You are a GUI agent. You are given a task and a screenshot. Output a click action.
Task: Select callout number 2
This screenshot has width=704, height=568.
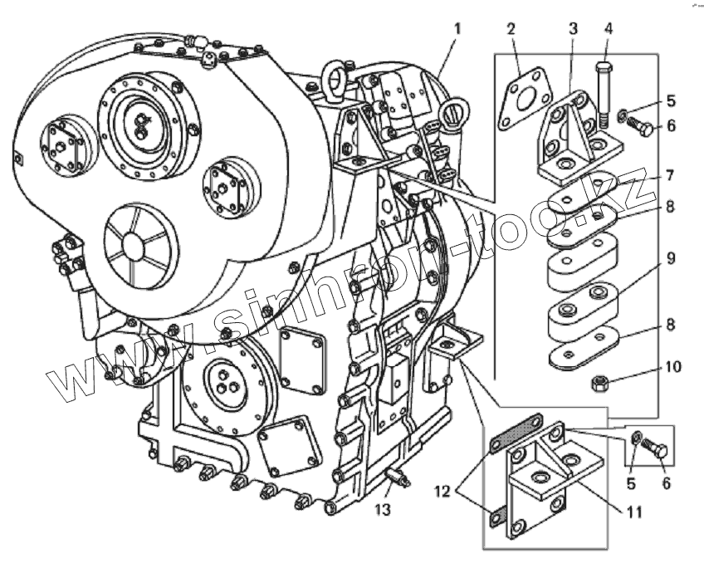[x=511, y=29]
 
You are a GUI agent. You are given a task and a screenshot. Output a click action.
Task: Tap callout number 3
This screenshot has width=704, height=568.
[x=573, y=29]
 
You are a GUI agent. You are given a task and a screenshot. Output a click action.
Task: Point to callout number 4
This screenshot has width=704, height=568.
[x=608, y=29]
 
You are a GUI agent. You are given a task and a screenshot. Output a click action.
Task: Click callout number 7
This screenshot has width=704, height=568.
[x=669, y=176]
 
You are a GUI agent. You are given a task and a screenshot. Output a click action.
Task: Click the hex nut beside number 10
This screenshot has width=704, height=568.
[x=602, y=384]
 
